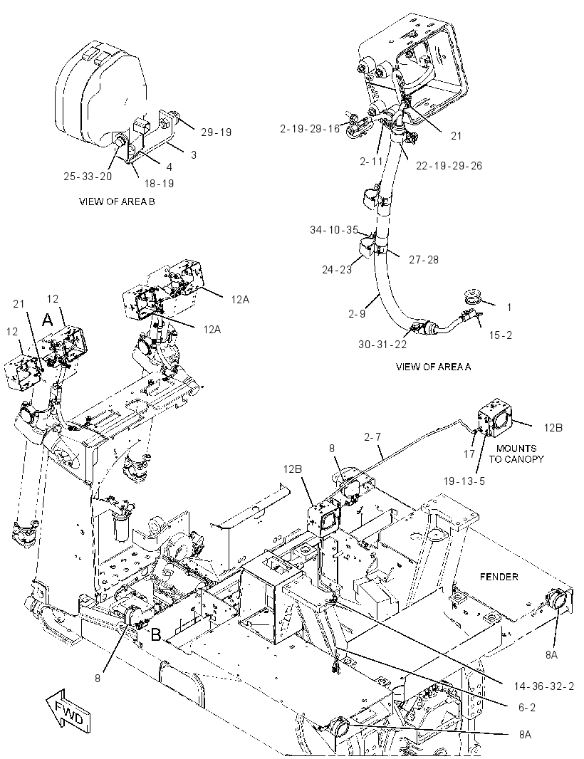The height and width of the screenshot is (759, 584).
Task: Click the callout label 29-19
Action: [x=217, y=132]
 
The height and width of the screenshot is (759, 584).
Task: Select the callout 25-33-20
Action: [x=88, y=176]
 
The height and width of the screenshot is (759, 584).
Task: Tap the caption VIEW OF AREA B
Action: [x=117, y=201]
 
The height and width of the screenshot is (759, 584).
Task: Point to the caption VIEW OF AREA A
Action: [x=434, y=367]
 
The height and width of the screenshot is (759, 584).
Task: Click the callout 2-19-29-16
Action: [x=310, y=128]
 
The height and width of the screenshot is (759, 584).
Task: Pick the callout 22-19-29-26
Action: [x=449, y=166]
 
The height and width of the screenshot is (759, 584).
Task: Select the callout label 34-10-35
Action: [x=334, y=230]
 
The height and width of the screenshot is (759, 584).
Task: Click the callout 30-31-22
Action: [x=382, y=344]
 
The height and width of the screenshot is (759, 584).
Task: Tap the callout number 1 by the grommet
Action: [x=509, y=307]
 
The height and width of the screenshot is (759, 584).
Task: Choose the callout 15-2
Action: [x=501, y=335]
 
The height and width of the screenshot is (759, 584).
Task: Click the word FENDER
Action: [x=499, y=577]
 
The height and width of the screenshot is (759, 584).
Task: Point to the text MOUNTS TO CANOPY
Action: [x=516, y=454]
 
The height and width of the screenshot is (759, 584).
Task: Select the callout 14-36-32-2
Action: [x=544, y=686]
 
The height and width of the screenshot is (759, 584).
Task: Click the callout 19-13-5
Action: [x=464, y=481]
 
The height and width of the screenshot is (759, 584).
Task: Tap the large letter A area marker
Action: [x=47, y=320]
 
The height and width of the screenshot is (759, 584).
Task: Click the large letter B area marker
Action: [x=156, y=634]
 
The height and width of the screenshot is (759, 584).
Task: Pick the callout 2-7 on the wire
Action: [x=372, y=437]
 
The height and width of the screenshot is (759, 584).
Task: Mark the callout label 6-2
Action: [x=527, y=707]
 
